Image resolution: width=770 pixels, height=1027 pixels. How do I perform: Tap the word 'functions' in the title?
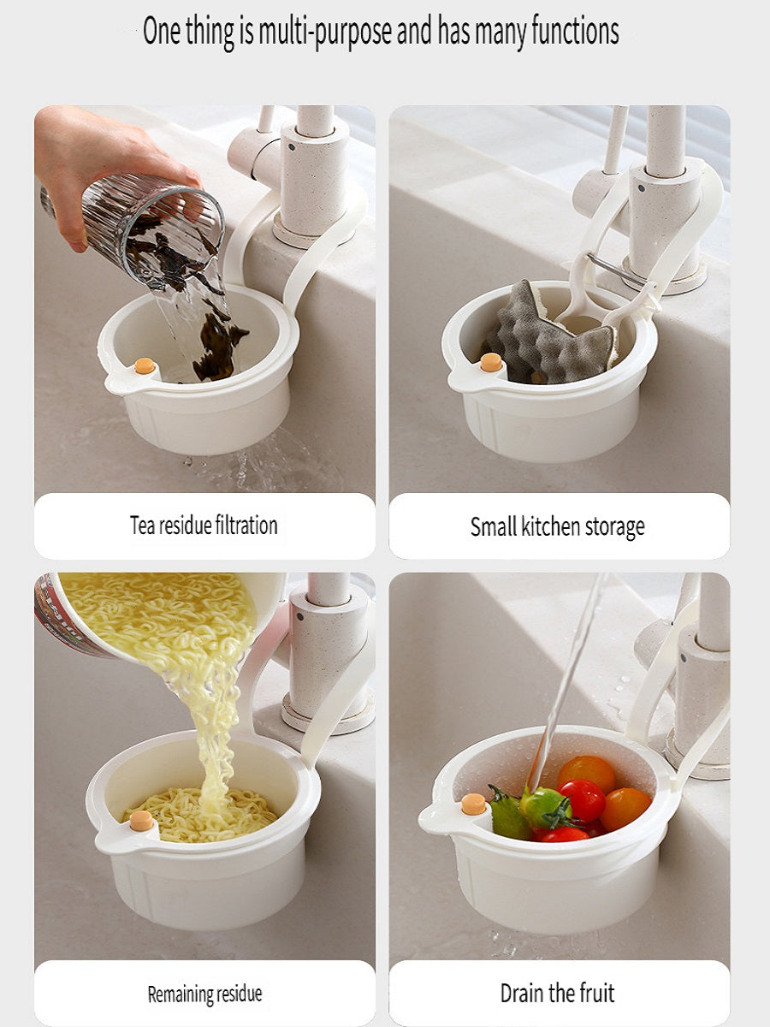(x=562, y=31)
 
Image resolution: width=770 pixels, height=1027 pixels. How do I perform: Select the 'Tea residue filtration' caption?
(x=204, y=525)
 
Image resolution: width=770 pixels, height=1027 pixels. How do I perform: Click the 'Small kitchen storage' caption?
(x=558, y=526)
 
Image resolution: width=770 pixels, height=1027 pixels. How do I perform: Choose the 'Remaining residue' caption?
(x=204, y=994)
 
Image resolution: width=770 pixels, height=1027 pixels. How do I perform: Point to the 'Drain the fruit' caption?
(x=558, y=993)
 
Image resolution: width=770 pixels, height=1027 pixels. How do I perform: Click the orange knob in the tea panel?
(x=145, y=365)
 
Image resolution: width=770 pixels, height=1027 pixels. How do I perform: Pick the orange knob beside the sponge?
(x=491, y=362)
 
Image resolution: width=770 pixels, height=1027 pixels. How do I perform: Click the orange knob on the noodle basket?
(x=141, y=821)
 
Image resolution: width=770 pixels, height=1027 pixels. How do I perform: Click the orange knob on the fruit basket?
(x=473, y=804)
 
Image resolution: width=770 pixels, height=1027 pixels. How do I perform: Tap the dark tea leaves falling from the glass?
(x=214, y=342)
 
